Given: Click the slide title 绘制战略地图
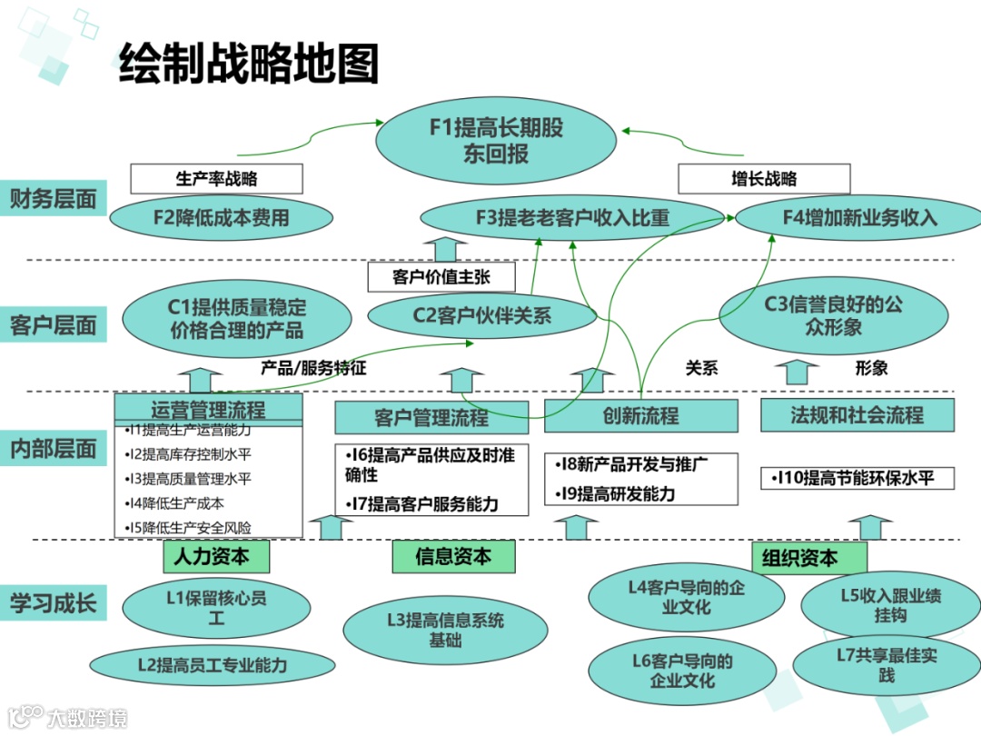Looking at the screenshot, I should (248, 64).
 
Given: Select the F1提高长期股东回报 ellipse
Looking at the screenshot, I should (496, 140).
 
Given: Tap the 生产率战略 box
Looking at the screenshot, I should (216, 179).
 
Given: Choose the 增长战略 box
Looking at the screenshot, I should (764, 179).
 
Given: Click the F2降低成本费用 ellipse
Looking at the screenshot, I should (221, 218).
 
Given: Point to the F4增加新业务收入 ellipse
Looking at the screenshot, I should (858, 218).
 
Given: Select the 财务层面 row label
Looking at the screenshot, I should (53, 199).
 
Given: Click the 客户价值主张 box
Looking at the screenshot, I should (441, 277).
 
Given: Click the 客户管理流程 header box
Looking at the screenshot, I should (431, 418).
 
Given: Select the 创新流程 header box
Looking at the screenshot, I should (640, 416).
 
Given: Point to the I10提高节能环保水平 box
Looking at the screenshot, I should (857, 478).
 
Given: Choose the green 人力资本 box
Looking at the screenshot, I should (211, 556).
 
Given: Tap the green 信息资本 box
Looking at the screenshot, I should (453, 556).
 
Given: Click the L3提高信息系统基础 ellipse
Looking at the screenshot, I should (445, 630).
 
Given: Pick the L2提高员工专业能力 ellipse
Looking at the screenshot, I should (213, 665).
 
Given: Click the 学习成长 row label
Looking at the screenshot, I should (53, 602).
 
